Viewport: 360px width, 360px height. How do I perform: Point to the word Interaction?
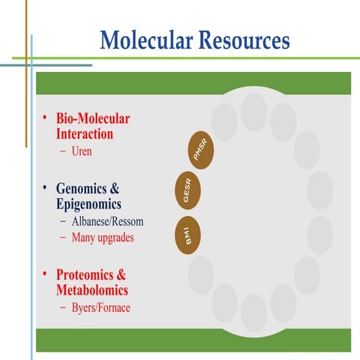tap(85, 134)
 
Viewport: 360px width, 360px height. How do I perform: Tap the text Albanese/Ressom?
tap(108, 222)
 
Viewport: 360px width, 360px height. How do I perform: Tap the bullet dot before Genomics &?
tap(44, 187)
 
